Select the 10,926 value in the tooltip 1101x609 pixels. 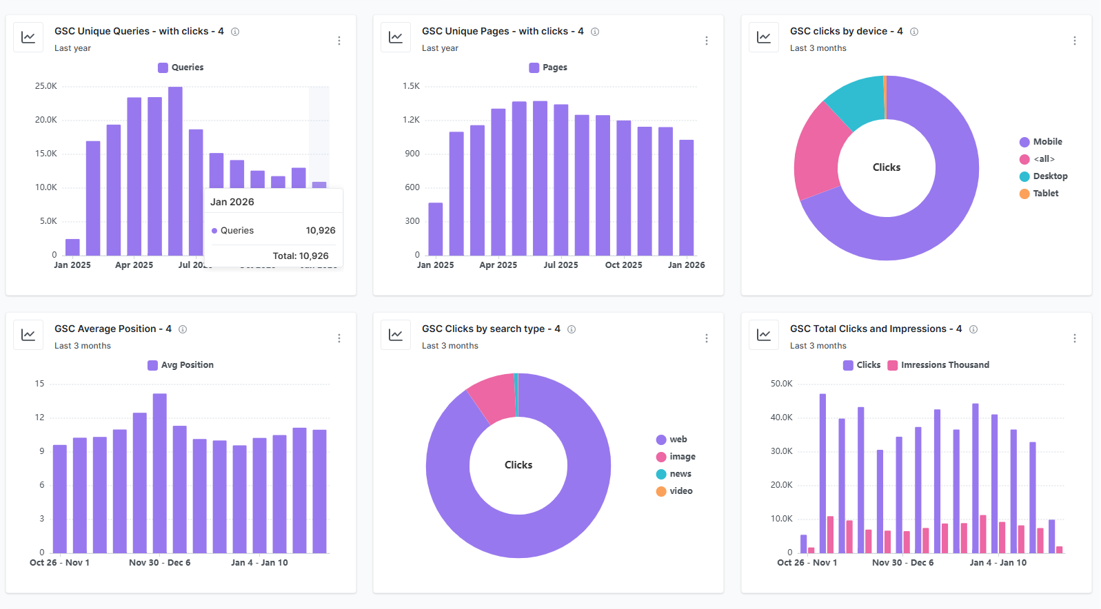[x=321, y=231]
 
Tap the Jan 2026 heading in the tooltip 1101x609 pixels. [x=232, y=202]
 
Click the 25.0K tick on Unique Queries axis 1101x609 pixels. [x=46, y=86]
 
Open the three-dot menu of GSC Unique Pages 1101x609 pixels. [x=707, y=41]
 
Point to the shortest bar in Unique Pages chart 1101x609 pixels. [x=436, y=229]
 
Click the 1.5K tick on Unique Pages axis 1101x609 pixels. [x=412, y=86]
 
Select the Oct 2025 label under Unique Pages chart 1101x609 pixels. [x=623, y=265]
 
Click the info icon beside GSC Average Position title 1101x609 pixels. [x=183, y=329]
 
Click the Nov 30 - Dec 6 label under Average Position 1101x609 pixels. [x=159, y=563]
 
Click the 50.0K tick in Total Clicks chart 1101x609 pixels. [x=781, y=384]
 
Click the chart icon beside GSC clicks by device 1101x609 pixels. [x=763, y=37]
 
